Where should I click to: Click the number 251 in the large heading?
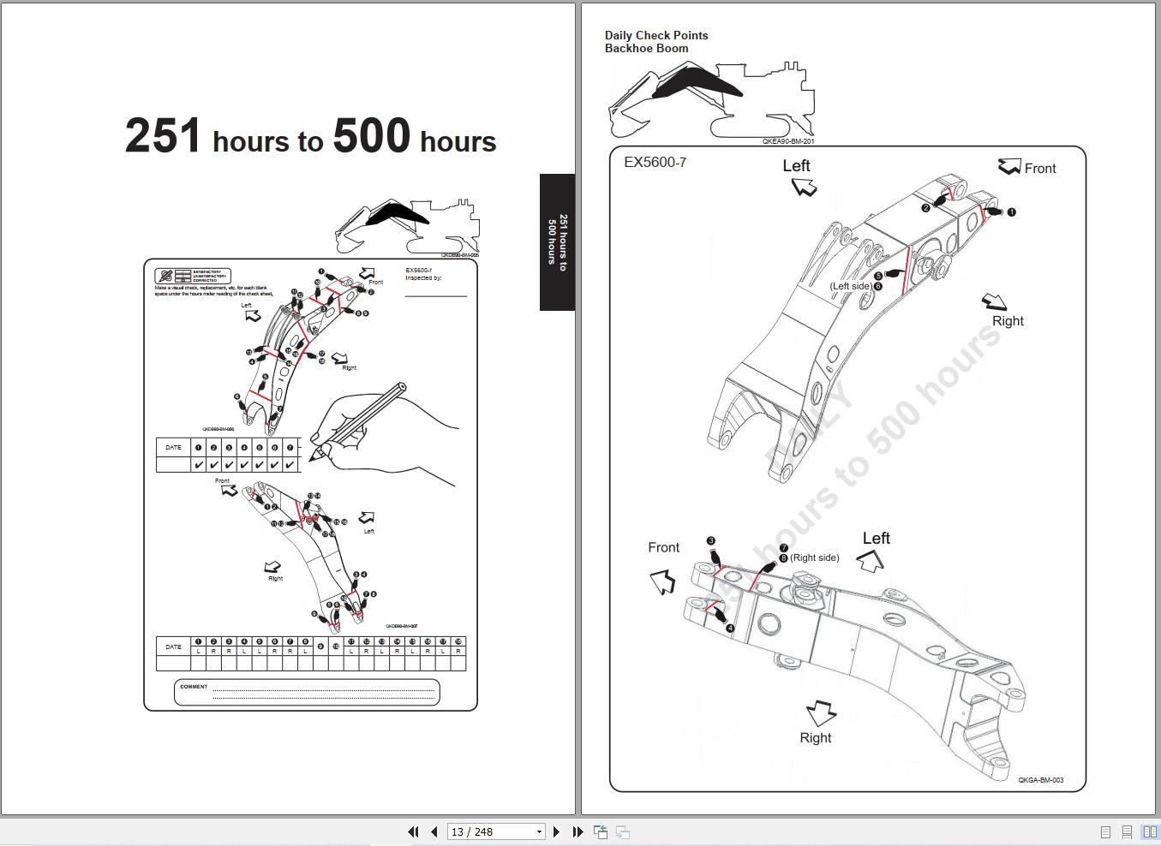click(x=163, y=137)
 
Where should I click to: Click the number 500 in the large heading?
click(x=371, y=137)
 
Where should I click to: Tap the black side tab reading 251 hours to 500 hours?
click(x=557, y=242)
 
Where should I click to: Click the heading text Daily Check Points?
click(x=656, y=35)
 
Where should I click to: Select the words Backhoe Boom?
click(x=646, y=49)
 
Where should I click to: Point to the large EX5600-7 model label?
click(x=655, y=162)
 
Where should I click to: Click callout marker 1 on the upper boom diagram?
click(x=1011, y=211)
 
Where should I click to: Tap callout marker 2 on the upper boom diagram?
click(x=925, y=208)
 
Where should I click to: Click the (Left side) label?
click(x=850, y=286)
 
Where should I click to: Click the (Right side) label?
click(x=814, y=557)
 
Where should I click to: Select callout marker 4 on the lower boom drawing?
click(x=730, y=629)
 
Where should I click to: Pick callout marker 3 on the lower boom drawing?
click(x=710, y=541)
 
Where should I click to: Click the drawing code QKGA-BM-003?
click(x=1040, y=780)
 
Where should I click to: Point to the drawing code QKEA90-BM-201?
click(x=787, y=141)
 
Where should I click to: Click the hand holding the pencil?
click(x=377, y=432)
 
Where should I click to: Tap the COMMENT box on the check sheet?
click(x=307, y=692)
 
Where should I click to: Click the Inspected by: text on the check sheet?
click(x=423, y=278)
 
